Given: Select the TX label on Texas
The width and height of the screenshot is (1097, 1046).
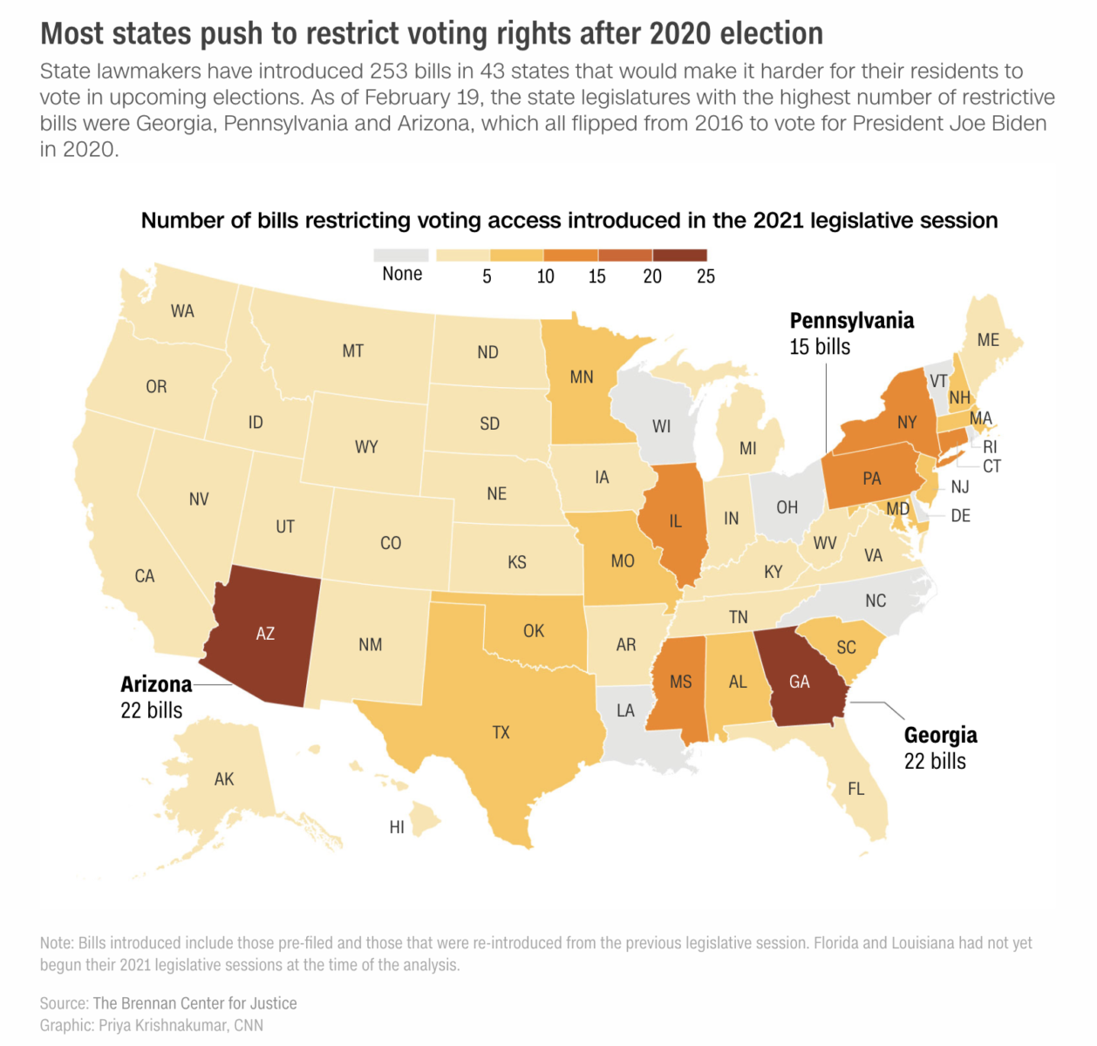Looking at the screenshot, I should click(x=501, y=732).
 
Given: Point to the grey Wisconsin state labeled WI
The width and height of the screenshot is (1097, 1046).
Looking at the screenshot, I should click(x=662, y=426).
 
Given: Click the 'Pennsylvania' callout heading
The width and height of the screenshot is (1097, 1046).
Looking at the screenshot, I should click(x=851, y=321).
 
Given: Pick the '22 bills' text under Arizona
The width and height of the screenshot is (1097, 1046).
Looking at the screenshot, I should click(x=152, y=710).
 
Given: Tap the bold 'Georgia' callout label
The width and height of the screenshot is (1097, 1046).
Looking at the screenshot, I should click(x=940, y=735).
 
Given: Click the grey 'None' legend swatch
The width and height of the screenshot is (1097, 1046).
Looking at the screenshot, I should click(x=401, y=255).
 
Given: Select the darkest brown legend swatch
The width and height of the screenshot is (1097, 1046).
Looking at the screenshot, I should click(x=679, y=255).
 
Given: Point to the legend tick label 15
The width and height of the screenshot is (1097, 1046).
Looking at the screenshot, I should click(x=596, y=276).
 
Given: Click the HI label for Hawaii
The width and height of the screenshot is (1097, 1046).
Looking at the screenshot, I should click(x=397, y=827).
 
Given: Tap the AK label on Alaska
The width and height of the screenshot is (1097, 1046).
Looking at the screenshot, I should click(x=224, y=779).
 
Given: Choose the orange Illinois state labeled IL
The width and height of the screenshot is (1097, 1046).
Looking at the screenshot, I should click(x=676, y=521).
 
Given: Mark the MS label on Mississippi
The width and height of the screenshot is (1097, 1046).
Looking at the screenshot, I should click(x=681, y=682).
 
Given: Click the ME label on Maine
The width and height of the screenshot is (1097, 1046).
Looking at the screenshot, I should click(x=988, y=340).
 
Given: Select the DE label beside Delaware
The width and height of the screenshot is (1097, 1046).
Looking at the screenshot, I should click(x=960, y=516).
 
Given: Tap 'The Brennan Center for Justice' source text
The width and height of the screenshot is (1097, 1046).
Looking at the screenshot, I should click(x=194, y=1003).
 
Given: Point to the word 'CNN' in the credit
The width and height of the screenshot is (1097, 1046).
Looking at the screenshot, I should click(x=249, y=1025).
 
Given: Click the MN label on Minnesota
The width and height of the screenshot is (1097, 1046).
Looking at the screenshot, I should click(x=582, y=377).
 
